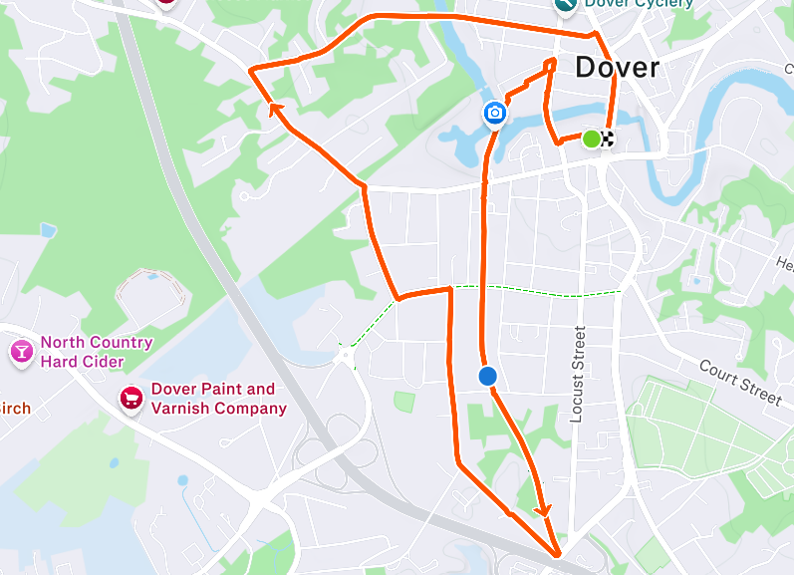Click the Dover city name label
point(617,68)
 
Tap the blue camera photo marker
point(494,113)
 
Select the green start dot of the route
point(591,139)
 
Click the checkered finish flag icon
point(606,139)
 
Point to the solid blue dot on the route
point(487,376)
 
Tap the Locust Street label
point(578,374)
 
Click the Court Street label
point(739,383)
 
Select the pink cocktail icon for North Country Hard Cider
point(21,351)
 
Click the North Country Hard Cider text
point(96,352)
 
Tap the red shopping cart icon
point(131,399)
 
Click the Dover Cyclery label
point(639,4)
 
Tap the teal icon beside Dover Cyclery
point(565,4)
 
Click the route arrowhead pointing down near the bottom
point(543,509)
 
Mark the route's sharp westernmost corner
point(251,70)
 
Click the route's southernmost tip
point(557,554)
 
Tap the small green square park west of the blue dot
point(403,401)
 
